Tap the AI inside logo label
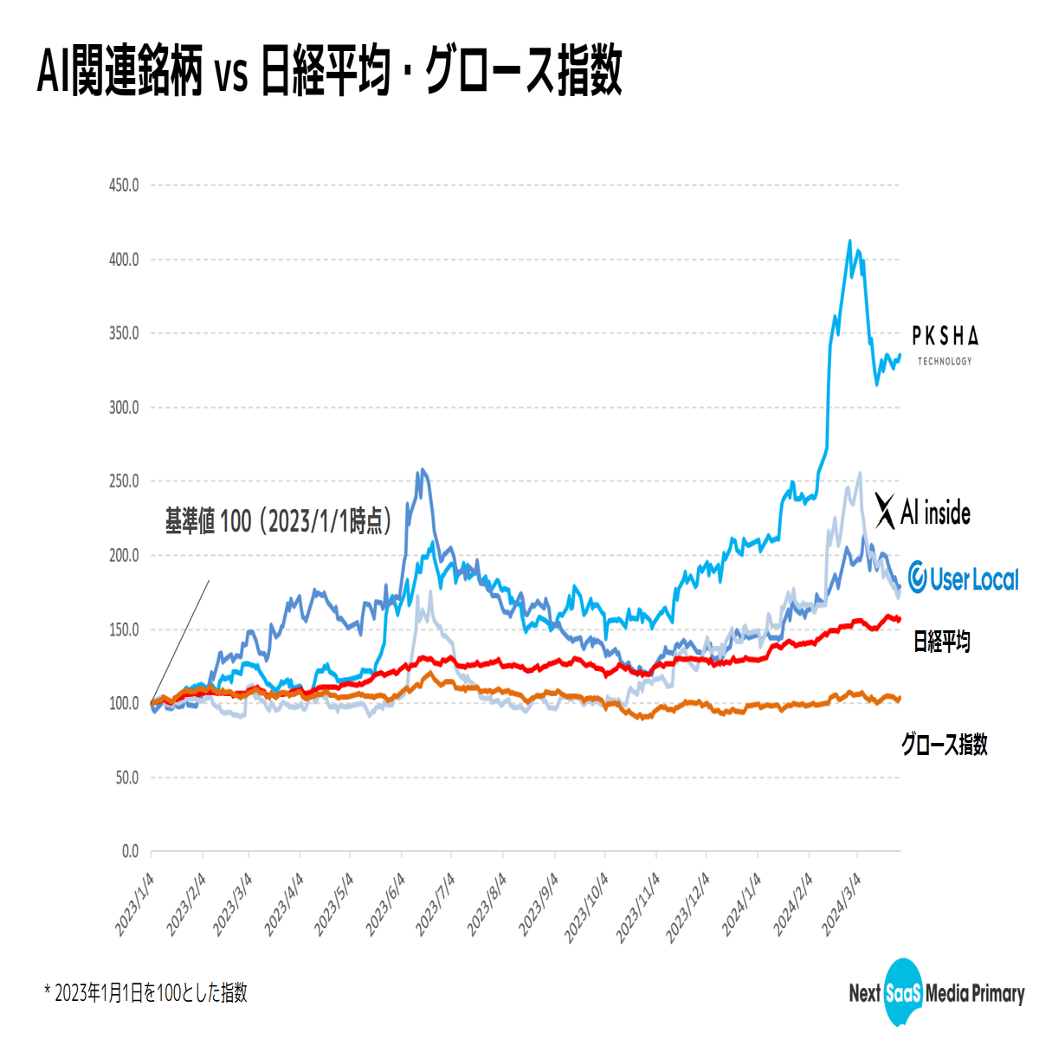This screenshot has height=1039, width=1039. coord(923,512)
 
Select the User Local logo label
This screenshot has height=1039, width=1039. coord(964,578)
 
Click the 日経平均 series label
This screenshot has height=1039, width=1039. coord(942,642)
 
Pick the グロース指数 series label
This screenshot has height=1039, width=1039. coord(944,744)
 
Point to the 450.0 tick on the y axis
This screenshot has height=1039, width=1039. coord(124,185)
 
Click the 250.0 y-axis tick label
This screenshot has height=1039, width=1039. coord(124,481)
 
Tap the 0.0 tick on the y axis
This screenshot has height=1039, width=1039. coord(129,852)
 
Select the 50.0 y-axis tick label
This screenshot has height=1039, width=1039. coord(126,778)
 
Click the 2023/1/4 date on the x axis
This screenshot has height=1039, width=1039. coord(136,905)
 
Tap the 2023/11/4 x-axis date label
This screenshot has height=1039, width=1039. coord(638,905)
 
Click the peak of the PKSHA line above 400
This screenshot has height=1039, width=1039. coord(849,242)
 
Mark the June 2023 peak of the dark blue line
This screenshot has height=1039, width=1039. coord(422,470)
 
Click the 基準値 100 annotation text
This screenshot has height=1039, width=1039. coord(278,521)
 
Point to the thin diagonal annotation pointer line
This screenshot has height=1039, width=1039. coord(181,641)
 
